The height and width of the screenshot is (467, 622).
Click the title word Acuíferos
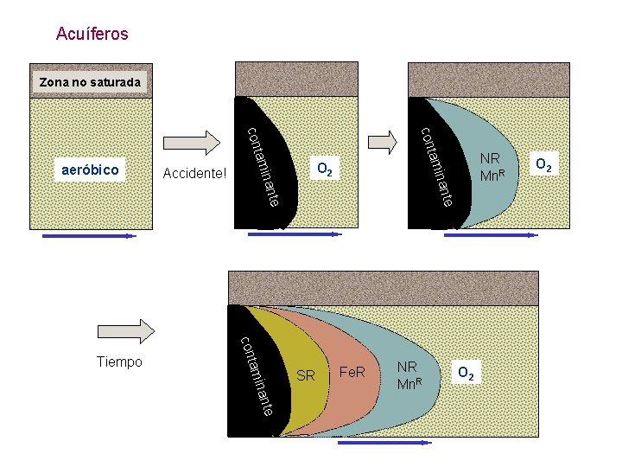pyautogui.click(x=92, y=35)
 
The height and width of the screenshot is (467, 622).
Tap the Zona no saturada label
pyautogui.click(x=90, y=82)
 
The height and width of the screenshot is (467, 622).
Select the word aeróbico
pyautogui.click(x=91, y=170)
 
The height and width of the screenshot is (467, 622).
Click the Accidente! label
pyautogui.click(x=194, y=174)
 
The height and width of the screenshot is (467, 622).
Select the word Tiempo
pyautogui.click(x=120, y=361)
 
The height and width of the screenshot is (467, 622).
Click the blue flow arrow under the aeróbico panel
pyautogui.click(x=89, y=235)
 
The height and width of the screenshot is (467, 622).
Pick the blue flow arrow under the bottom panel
pyautogui.click(x=384, y=442)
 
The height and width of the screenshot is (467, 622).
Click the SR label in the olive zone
pyautogui.click(x=306, y=376)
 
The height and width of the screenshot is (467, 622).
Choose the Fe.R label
pyautogui.click(x=352, y=373)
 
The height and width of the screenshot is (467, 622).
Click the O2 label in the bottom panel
pyautogui.click(x=465, y=374)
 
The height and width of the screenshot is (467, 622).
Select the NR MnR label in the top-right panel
pyautogui.click(x=492, y=166)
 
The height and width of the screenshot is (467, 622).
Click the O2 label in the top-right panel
pyautogui.click(x=544, y=163)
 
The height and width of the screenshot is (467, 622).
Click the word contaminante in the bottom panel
pyautogui.click(x=257, y=375)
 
